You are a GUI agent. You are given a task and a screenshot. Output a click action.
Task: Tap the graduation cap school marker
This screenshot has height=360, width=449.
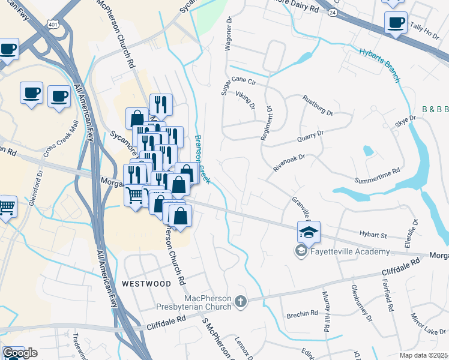click(309, 232)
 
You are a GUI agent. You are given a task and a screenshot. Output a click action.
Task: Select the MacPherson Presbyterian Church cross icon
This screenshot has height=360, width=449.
click(241, 301)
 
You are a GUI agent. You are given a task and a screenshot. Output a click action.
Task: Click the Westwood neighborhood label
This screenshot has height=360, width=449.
click(146, 283)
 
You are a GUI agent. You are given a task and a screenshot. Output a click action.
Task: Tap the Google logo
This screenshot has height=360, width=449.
click(20, 353)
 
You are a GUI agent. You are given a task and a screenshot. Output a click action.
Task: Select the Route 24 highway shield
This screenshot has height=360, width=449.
click(332, 11)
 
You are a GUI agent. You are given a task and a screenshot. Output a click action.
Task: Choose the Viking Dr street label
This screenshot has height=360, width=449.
click(246, 100)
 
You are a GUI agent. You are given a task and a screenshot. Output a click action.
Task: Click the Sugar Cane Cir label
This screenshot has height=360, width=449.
click(238, 81)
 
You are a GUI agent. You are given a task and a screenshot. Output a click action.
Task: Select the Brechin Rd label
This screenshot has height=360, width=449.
click(302, 313)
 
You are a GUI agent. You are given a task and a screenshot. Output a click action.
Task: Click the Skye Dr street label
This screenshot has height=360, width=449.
click(405, 121)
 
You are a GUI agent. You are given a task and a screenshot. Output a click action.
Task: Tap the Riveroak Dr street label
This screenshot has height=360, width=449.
click(289, 163)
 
